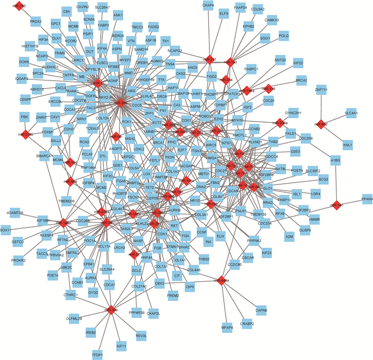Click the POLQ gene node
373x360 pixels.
coord(283,36)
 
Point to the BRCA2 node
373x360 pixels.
coord(301,80)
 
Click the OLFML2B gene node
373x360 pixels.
coord(74,318)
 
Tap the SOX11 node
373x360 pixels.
coord(6,230)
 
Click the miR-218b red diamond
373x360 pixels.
coord(25,134)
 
